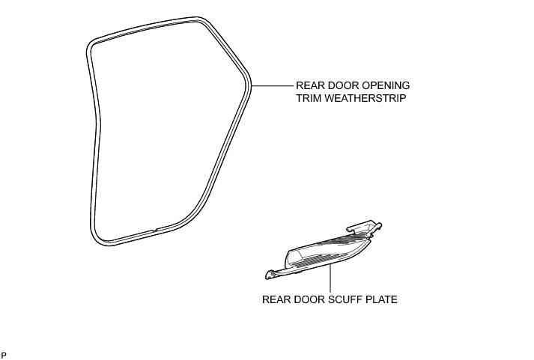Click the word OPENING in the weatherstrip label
(383, 85)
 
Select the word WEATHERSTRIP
(367, 98)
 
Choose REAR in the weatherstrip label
(310, 85)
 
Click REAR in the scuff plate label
(275, 300)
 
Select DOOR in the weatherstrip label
(343, 85)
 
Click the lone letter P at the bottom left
(4, 353)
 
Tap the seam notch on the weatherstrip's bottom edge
(154, 230)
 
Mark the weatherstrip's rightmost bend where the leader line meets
(250, 85)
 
